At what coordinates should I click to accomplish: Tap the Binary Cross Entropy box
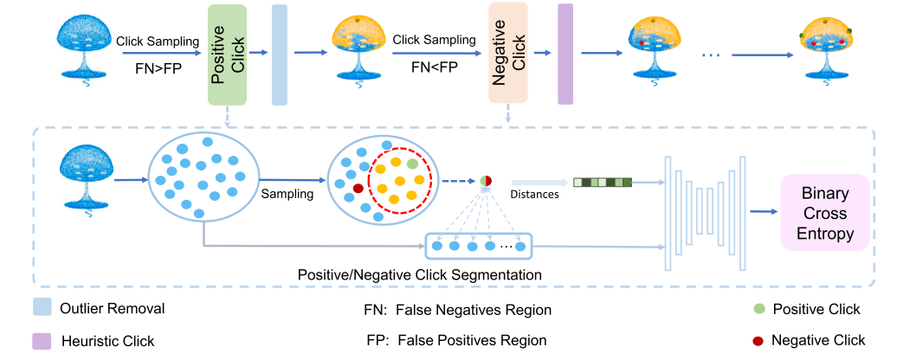coord(824,213)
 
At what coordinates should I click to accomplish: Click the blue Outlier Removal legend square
coord(42,308)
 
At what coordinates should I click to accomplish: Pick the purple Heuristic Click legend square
coord(42,341)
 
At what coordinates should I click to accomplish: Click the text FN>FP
coord(157,65)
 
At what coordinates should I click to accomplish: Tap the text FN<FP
coord(433,65)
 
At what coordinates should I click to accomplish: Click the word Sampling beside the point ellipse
coord(287,195)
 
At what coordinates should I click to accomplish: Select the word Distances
coord(534,195)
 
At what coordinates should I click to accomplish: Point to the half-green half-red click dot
coord(486,181)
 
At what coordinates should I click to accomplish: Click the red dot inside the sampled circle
coord(358,187)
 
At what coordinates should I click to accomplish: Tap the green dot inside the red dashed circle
coord(412,164)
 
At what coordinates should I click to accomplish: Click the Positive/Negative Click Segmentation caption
coord(420,274)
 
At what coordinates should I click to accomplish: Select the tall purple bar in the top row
coord(565,54)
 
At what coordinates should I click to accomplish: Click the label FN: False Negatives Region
coord(457,309)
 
